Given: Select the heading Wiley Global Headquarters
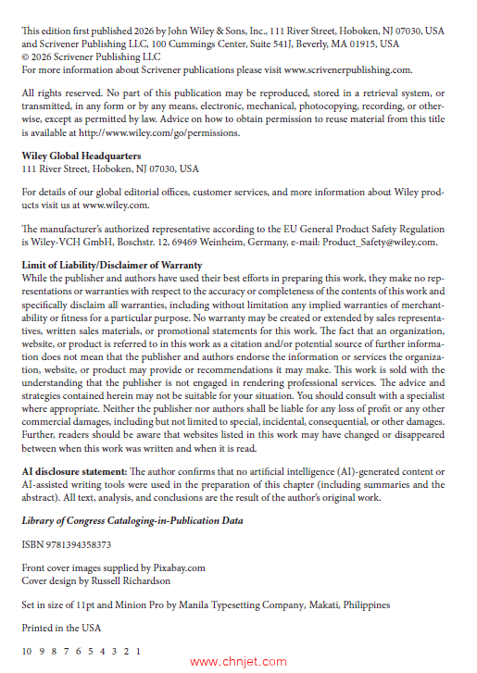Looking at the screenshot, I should coord(81,156).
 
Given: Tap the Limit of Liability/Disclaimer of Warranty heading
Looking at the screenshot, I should coord(112,265).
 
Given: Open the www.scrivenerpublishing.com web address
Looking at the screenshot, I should coord(347,69).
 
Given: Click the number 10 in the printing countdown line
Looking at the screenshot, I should coord(27,651).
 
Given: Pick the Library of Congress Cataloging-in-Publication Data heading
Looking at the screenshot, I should coord(132,520).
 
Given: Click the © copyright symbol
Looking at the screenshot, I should coord(26,56).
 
